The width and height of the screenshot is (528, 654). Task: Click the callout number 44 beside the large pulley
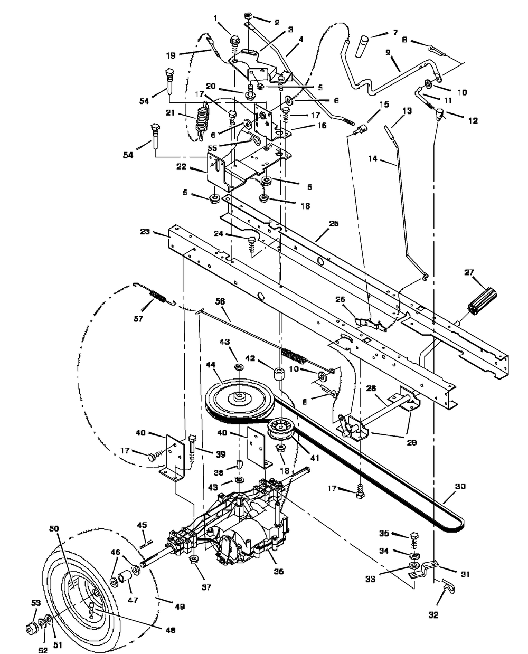pos(211,365)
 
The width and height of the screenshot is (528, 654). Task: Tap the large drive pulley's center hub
pos(238,397)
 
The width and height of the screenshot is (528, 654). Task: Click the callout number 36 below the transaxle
pos(279,572)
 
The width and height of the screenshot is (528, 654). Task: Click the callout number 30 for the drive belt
pos(460,486)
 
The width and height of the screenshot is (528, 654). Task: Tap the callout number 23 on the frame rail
pos(145,232)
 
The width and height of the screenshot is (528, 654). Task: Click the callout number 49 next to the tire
pos(180,607)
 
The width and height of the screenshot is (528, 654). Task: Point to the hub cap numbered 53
pos(32,629)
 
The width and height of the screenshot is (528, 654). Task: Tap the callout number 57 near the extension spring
pos(138,319)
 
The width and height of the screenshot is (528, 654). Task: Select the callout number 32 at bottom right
pos(433,615)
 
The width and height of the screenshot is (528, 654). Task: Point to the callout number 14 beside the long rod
pos(373,159)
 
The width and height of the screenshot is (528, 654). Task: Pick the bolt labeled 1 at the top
pos(234,40)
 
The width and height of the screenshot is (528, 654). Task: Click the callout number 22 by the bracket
pos(181,167)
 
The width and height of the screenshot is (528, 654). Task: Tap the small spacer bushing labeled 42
pos(279,373)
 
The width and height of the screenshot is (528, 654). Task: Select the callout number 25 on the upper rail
pos(334,223)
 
